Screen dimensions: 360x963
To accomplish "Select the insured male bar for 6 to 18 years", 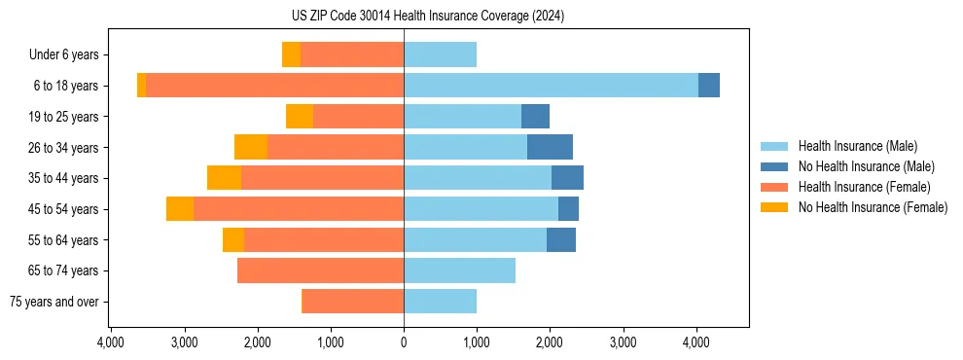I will click(551, 86).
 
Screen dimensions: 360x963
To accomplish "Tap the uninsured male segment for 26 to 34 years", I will click(550, 147).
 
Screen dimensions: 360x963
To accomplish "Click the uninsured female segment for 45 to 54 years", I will click(180, 209).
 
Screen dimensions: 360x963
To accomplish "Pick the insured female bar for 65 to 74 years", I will click(320, 270).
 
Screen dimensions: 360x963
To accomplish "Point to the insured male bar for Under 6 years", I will click(440, 54).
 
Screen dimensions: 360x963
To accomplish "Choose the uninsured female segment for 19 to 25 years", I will click(300, 117).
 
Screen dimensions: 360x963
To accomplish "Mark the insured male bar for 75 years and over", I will click(440, 302).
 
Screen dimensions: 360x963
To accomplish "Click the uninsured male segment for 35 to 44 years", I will click(567, 178).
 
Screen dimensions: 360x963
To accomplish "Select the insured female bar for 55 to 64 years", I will click(324, 240).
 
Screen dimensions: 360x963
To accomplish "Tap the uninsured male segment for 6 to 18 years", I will click(709, 86).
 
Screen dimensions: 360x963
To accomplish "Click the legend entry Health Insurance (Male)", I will click(857, 146).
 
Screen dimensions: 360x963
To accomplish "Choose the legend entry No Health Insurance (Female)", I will click(873, 207).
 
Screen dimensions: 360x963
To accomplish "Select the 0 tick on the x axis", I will click(404, 342).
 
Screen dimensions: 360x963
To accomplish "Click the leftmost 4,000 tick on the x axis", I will click(111, 342).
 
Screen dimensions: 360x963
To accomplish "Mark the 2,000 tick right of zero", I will click(550, 342).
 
